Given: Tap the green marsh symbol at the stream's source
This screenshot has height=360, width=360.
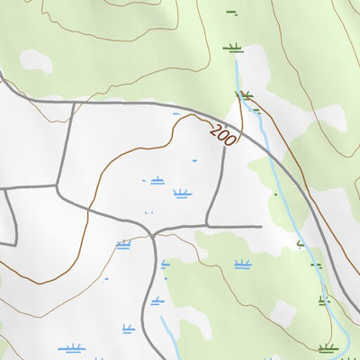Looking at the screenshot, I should [234, 47].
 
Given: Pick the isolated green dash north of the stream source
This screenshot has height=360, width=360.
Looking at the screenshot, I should [231, 13].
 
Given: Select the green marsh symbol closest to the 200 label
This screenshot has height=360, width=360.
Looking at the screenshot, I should [245, 94].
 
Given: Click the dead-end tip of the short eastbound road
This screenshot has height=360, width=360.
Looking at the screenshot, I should [260, 226].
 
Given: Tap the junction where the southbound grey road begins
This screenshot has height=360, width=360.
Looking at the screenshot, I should [155, 233].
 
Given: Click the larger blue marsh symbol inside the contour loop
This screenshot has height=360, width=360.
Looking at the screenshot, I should [183, 193].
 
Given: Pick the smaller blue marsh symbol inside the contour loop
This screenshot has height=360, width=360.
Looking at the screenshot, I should [157, 180].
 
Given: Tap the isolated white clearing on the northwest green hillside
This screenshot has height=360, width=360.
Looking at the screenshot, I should [36, 59].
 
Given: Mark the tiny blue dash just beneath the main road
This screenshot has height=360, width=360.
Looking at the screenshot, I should [175, 113].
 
